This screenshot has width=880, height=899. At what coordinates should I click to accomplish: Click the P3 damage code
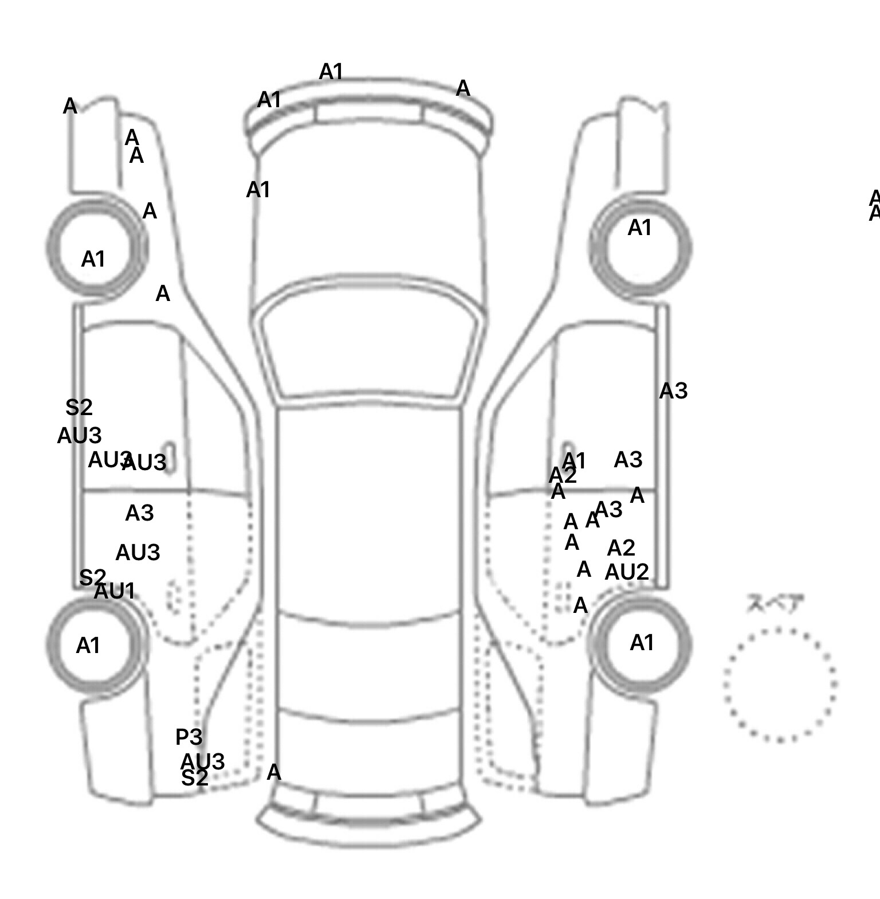click(188, 737)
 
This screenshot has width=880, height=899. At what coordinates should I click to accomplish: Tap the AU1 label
click(115, 591)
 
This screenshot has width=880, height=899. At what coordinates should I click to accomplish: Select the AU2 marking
click(627, 572)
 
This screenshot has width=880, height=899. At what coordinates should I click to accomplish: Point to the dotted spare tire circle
click(780, 685)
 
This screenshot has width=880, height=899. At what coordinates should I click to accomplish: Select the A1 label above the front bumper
click(331, 72)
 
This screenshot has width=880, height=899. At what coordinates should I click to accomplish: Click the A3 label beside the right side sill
click(673, 391)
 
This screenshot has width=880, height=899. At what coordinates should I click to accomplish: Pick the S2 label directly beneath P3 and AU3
click(194, 779)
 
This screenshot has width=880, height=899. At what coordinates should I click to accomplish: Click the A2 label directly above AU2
click(621, 548)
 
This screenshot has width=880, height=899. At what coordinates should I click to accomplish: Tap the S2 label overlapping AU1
click(92, 577)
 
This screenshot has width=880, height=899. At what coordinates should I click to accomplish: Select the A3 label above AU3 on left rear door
click(139, 513)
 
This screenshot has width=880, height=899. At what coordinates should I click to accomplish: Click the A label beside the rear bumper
click(274, 772)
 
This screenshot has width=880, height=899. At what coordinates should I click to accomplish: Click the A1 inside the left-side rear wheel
click(88, 646)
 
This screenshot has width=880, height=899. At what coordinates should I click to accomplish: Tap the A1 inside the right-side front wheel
click(640, 228)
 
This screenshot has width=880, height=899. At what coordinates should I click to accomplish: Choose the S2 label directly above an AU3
click(79, 408)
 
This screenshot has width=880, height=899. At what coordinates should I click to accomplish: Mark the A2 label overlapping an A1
click(562, 475)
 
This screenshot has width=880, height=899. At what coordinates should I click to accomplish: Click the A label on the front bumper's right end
click(463, 89)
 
